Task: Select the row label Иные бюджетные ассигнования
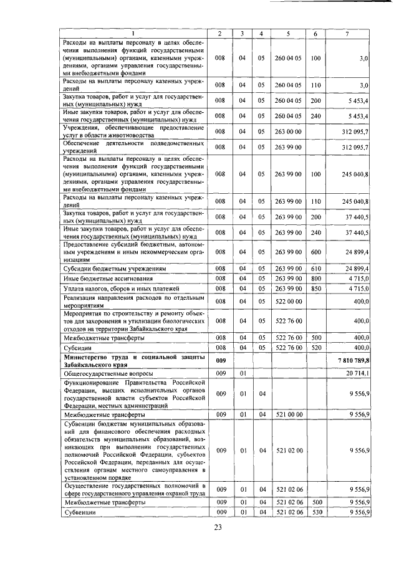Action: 107,278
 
